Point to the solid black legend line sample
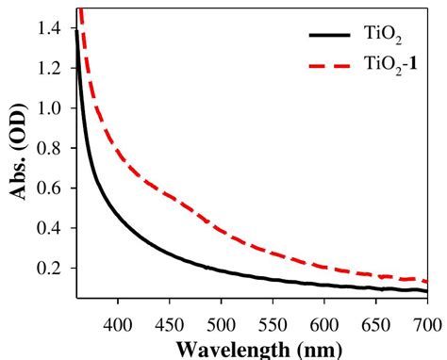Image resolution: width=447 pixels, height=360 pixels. click(x=329, y=35)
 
